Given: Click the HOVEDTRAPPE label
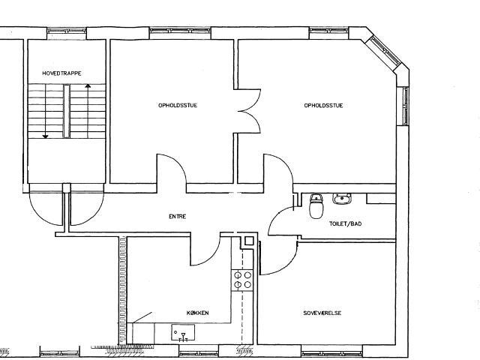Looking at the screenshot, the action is pyautogui.click(x=61, y=73).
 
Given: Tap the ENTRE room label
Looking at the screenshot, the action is pyautogui.click(x=178, y=217).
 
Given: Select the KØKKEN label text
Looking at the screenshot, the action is pyautogui.click(x=198, y=313).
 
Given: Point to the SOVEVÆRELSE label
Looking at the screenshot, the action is pyautogui.click(x=322, y=313).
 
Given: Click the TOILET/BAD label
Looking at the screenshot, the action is pyautogui.click(x=345, y=223).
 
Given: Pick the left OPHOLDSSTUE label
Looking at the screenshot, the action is pyautogui.click(x=178, y=105).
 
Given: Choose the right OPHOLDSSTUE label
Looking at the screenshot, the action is pyautogui.click(x=323, y=105).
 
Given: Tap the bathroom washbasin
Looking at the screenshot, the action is pyautogui.click(x=342, y=199).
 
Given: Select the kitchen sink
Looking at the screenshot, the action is pyautogui.click(x=183, y=333).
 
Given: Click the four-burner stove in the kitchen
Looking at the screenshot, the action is pyautogui.click(x=242, y=280).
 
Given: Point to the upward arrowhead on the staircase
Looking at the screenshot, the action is pyautogui.click(x=88, y=86).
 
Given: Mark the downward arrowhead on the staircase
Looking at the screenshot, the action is pyautogui.click(x=45, y=136).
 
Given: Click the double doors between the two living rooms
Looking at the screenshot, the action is pyautogui.click(x=248, y=111).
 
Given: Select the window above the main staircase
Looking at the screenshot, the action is pyautogui.click(x=67, y=31).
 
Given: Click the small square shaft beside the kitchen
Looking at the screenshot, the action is pyautogui.click(x=249, y=241).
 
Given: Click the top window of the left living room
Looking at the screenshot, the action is pyautogui.click(x=180, y=31).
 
